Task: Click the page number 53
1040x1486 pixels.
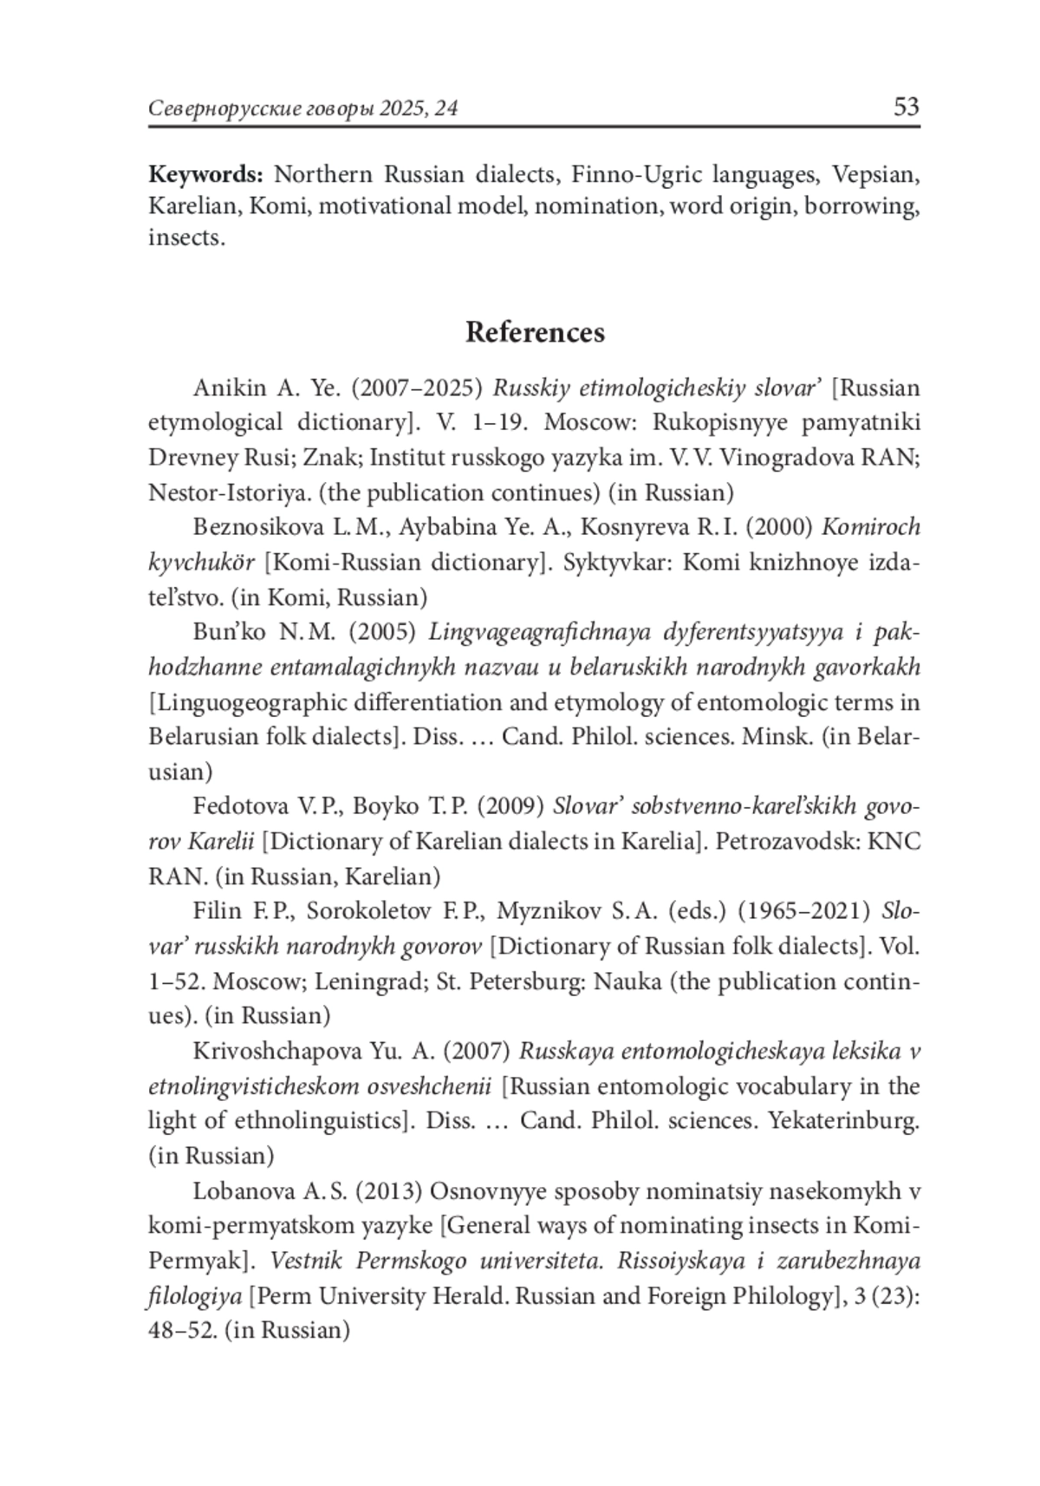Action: (906, 107)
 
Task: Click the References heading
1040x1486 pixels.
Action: (535, 332)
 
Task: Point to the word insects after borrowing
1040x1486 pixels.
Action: (185, 238)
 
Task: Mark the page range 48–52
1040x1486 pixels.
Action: (182, 1331)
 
